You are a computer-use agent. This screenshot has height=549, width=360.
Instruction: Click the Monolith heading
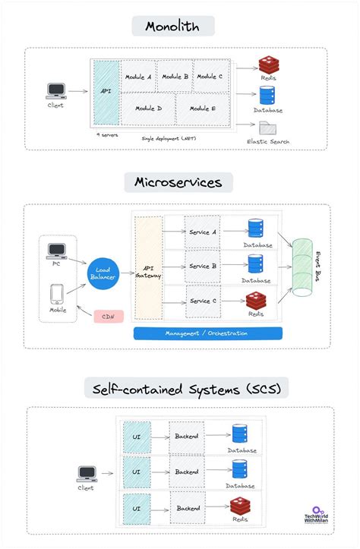(x=172, y=26)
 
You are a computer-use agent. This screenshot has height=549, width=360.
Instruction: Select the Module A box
(x=137, y=77)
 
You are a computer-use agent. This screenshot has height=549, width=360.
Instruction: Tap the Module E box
(x=203, y=109)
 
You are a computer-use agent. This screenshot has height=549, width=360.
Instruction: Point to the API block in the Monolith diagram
(x=106, y=93)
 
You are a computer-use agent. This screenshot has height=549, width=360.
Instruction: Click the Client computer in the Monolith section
(x=55, y=92)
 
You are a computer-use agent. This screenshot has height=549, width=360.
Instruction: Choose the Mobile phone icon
(x=56, y=295)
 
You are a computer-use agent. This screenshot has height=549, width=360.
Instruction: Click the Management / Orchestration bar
(x=207, y=333)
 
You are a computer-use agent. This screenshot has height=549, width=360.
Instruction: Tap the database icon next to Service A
(x=255, y=229)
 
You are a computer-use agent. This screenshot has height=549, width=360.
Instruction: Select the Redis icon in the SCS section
(x=242, y=507)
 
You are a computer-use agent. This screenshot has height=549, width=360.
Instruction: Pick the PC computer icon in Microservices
(x=56, y=251)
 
